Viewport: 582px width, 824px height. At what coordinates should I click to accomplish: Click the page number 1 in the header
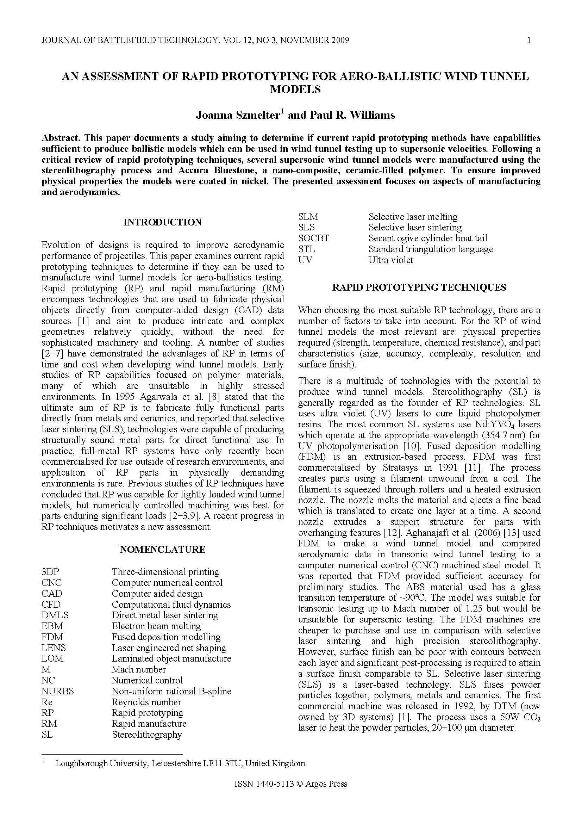pyautogui.click(x=529, y=40)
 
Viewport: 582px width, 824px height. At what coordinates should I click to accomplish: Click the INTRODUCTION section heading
pyautogui.click(x=162, y=222)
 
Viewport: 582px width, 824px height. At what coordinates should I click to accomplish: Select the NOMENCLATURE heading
pyautogui.click(x=162, y=550)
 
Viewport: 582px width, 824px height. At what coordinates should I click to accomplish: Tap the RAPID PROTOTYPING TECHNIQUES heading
pyautogui.click(x=419, y=287)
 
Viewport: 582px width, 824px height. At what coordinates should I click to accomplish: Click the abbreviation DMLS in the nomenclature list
pyautogui.click(x=55, y=615)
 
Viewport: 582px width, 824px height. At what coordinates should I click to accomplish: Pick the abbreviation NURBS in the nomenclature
pyautogui.click(x=57, y=691)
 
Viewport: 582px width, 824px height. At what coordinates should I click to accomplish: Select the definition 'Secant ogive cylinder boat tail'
pyautogui.click(x=428, y=238)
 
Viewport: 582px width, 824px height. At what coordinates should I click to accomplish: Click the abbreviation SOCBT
pyautogui.click(x=313, y=238)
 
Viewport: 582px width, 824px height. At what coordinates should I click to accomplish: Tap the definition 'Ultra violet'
pyautogui.click(x=391, y=260)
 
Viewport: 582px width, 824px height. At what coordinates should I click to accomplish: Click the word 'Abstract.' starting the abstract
pyautogui.click(x=61, y=138)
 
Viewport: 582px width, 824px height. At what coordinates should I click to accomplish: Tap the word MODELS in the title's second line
pyautogui.click(x=295, y=89)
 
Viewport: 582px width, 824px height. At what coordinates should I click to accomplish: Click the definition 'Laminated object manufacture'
pyautogui.click(x=171, y=658)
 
